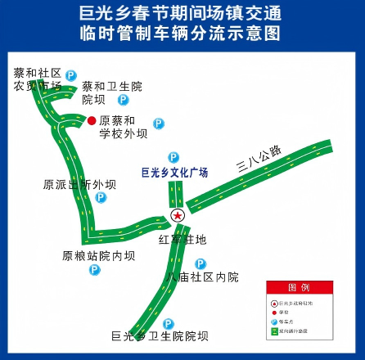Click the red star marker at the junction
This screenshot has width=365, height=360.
(x=177, y=216)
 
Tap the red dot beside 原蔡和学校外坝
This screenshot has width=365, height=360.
(x=92, y=121)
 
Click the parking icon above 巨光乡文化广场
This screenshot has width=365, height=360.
(x=173, y=156)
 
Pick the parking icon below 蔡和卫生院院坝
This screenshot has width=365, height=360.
(x=123, y=100)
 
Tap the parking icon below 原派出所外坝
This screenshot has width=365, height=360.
(x=100, y=197)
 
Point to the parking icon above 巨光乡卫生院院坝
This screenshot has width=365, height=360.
(x=168, y=324)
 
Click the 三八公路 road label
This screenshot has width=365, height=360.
(x=259, y=160)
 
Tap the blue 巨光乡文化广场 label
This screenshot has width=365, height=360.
(x=175, y=173)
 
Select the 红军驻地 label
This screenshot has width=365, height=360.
(x=182, y=240)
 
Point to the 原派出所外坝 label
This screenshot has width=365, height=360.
(x=74, y=184)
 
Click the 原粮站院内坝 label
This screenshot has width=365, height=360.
(x=98, y=255)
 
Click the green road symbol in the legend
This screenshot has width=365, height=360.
(x=273, y=332)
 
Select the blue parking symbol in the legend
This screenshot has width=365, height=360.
(x=273, y=322)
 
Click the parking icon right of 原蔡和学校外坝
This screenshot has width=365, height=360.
(x=159, y=124)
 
